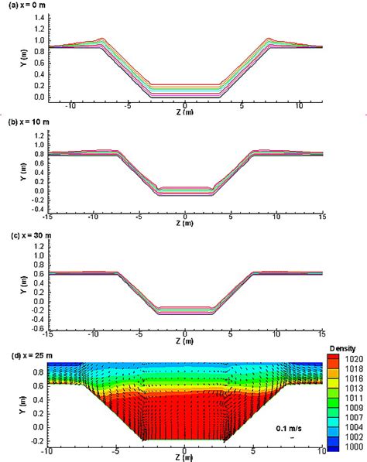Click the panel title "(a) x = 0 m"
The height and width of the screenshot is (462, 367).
coord(29,5)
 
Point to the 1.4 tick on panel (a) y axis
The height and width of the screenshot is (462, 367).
coord(39,15)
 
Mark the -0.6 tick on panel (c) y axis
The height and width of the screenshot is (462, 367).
coord(38,328)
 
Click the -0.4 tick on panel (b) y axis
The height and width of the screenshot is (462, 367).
coord(38,209)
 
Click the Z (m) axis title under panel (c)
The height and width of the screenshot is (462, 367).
coord(183,341)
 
